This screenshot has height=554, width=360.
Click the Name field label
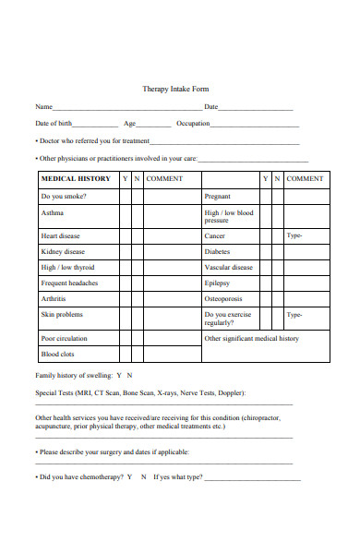[43, 107]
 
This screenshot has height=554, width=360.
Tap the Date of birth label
[54, 124]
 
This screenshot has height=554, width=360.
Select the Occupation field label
[193, 124]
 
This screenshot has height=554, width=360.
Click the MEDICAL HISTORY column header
[76, 178]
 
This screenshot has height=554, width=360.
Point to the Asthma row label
[53, 212]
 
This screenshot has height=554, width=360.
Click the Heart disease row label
[60, 236]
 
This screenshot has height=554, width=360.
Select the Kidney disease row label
[63, 251]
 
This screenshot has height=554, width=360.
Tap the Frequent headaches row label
[69, 283]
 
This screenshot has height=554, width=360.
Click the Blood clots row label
[57, 354]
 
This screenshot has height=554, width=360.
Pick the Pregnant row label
[217, 197]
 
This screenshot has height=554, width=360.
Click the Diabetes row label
[217, 251]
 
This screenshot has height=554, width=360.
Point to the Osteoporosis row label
[223, 298]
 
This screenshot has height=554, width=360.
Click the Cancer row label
[214, 236]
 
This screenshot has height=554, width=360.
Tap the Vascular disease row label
[228, 267]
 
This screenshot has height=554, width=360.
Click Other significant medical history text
[251, 338]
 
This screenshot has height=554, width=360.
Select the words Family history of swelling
[72, 376]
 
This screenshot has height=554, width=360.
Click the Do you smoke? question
[61, 197]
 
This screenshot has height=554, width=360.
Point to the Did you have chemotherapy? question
[81, 477]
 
